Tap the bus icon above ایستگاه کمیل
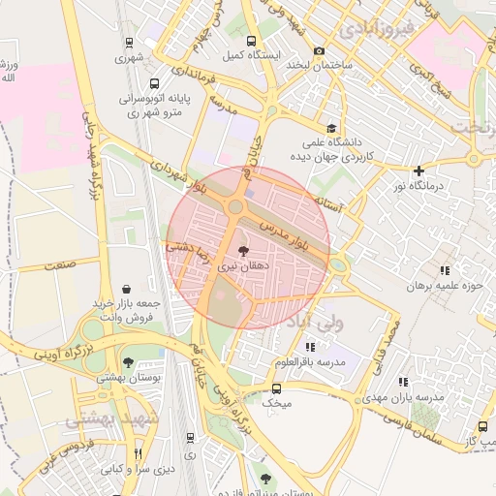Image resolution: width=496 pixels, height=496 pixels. (252, 41)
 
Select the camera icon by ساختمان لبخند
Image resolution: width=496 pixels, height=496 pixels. (320, 50)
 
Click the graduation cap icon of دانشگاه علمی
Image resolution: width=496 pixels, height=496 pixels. (332, 128)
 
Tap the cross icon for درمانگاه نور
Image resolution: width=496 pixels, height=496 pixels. (418, 170)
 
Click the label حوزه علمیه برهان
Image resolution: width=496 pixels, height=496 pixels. (444, 286)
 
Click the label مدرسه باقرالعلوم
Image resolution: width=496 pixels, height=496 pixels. (310, 361)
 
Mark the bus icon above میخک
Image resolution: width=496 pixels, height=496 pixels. (276, 386)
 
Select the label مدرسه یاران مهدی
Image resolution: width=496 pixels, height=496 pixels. (404, 398)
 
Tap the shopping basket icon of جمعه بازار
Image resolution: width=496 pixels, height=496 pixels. (126, 289)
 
